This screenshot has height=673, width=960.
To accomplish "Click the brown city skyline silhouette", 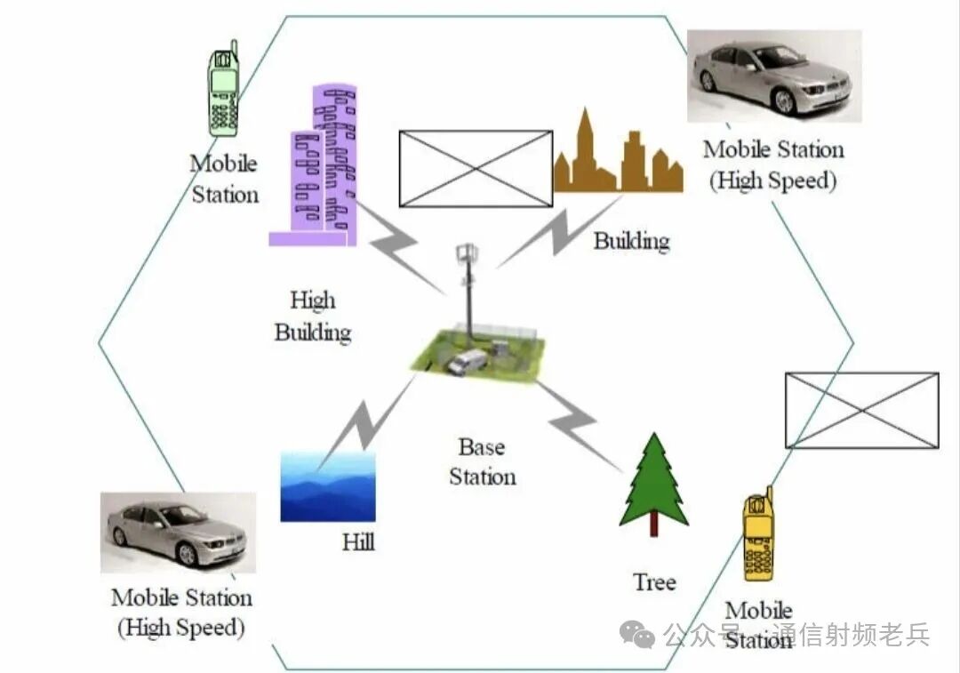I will coord(619,160).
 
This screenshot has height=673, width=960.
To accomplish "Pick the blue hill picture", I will coord(328,486).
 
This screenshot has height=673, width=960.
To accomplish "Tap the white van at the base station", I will coord(468,362).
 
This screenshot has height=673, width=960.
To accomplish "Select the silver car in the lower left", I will coord(178,532).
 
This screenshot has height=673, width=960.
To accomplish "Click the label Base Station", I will coord(482,461).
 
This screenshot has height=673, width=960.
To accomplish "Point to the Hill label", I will coord(358,541).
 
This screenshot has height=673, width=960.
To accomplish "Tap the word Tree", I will coord(654,582).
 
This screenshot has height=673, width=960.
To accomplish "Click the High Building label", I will coord(313,316).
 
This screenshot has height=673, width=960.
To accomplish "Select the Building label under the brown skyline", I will coord(631,241).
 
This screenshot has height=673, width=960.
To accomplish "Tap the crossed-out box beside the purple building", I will coord(476,169).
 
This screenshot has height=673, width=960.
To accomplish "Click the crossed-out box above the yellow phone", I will coord(861,410).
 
